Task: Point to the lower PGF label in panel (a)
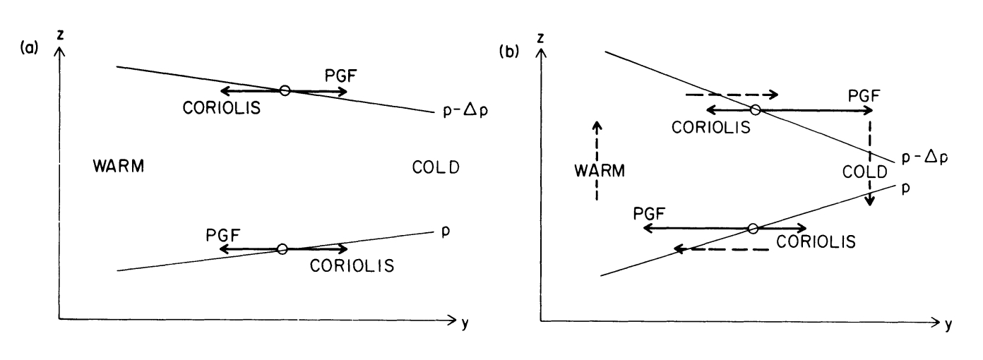coord(222,232)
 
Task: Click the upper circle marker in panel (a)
coord(285,90)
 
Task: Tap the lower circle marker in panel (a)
coord(282,248)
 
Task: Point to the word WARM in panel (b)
coord(599,171)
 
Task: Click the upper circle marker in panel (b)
coord(755,110)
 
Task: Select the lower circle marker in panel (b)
coord(753,228)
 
